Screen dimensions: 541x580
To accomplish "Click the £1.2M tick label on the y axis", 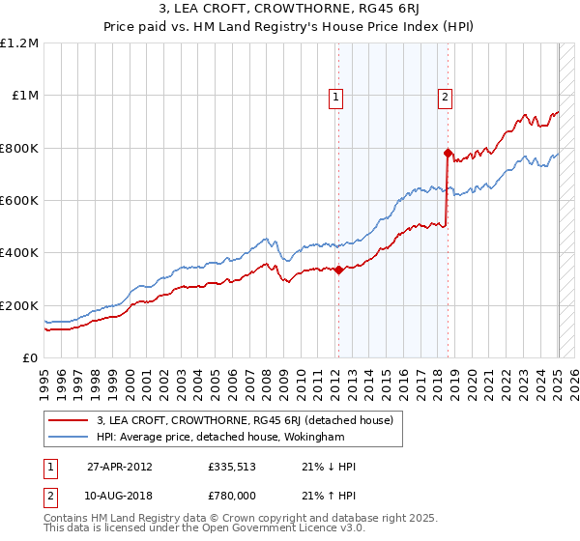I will pos(19,43).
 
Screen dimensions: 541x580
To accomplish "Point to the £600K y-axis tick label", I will pos(19,200).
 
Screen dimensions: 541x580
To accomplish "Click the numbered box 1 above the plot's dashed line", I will pos(334,96).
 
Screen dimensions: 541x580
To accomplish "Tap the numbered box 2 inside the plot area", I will pos(445,96).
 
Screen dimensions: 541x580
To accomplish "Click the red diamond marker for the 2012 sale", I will pos(339,270).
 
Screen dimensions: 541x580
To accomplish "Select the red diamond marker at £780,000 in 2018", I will pos(448,153).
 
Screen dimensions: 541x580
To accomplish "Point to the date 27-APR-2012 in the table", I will pos(120,467).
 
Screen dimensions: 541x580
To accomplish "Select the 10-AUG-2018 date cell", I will pos(121,494).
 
